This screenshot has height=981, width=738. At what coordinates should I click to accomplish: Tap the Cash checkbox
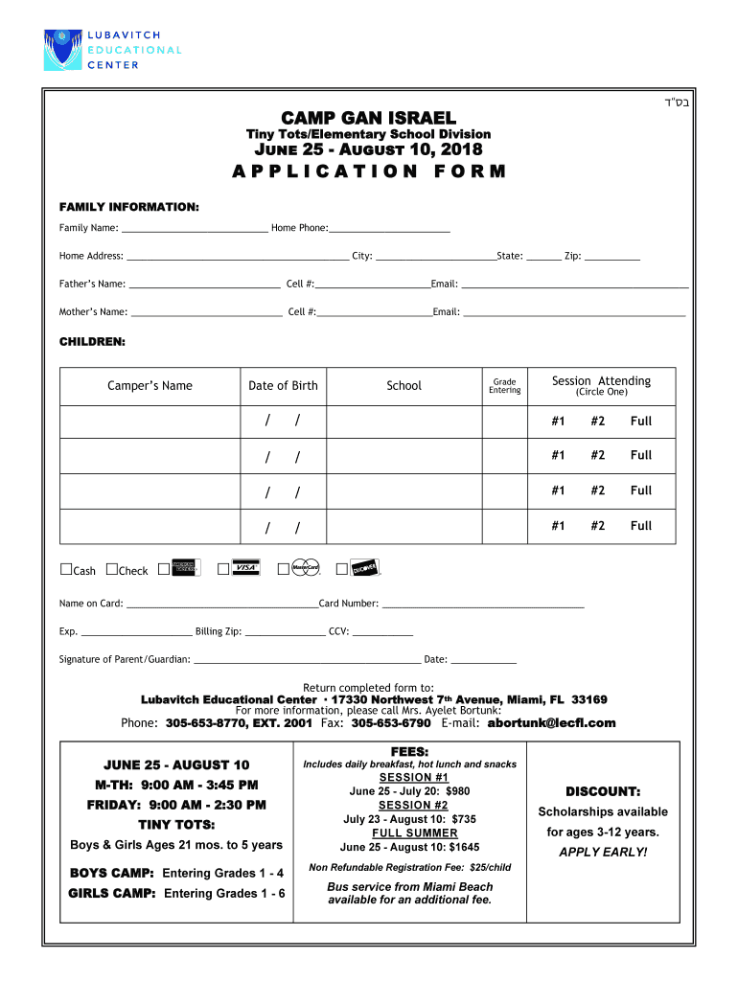(66, 570)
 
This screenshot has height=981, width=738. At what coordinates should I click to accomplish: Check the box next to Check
(112, 570)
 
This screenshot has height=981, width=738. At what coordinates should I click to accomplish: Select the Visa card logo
(246, 568)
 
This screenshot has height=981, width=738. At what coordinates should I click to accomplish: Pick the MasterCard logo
(306, 568)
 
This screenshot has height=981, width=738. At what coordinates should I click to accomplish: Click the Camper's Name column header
(150, 386)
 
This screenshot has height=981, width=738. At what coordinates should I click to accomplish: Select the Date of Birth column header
(283, 386)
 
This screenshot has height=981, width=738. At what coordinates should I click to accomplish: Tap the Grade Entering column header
(504, 386)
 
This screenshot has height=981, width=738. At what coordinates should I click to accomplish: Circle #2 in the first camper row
(598, 422)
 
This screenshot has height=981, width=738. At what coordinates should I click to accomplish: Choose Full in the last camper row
(640, 526)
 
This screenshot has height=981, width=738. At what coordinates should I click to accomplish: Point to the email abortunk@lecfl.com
(551, 723)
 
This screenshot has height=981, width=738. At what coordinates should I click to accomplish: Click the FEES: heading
(409, 751)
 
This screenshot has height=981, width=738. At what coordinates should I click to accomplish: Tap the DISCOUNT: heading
(602, 791)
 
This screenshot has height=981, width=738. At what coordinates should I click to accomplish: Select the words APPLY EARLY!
(602, 852)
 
